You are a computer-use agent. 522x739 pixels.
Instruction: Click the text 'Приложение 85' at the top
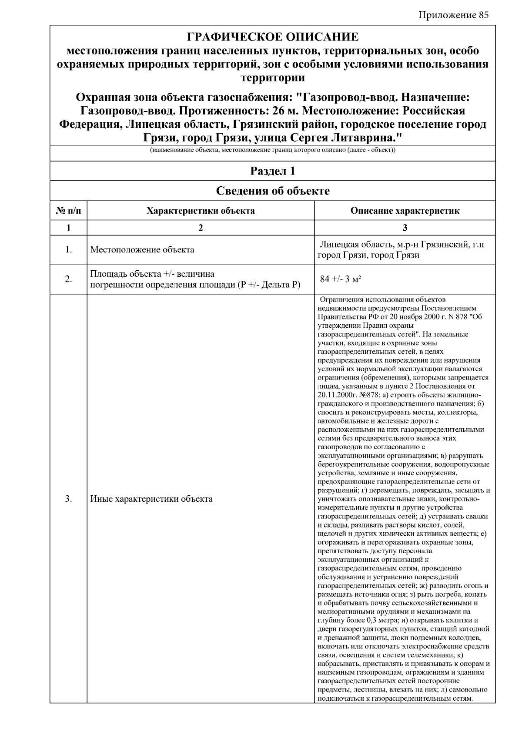tap(453, 15)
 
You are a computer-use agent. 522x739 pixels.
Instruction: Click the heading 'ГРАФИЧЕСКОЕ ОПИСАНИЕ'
tap(273, 37)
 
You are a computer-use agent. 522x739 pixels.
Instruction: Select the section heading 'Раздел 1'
tap(273, 171)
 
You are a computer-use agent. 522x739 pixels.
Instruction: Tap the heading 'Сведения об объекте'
tap(273, 191)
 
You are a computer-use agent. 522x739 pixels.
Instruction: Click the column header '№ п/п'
tap(68, 211)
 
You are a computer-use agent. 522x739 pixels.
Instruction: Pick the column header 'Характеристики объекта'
tap(201, 211)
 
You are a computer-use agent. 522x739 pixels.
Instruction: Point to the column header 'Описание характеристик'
tap(405, 211)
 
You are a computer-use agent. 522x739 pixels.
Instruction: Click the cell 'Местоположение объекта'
tap(142, 250)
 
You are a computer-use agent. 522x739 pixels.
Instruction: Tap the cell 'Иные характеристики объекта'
tap(151, 499)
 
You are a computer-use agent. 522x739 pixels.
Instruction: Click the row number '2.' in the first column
tap(68, 279)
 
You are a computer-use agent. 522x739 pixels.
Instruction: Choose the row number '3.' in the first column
tap(68, 499)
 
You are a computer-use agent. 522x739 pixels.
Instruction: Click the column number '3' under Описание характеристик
tap(405, 228)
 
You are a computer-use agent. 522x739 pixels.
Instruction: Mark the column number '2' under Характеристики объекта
tap(201, 228)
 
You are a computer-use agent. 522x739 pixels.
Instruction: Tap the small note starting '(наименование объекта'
tap(273, 150)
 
